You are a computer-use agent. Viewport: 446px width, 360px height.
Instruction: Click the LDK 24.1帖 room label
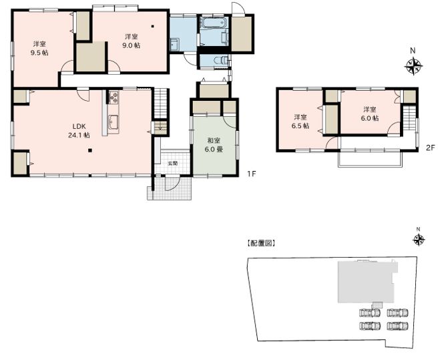[x=79, y=131]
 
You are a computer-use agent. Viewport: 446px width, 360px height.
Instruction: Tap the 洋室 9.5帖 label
[x=39, y=48]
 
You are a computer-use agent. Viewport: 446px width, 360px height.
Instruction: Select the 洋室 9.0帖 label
[x=131, y=41]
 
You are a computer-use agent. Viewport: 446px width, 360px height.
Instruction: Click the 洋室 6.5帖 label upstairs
[x=300, y=122]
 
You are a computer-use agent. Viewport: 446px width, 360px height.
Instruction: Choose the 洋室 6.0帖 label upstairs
[x=369, y=114]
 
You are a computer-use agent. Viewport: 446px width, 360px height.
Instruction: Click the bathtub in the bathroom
[x=213, y=23]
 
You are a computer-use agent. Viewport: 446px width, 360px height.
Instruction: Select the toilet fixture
[x=220, y=60]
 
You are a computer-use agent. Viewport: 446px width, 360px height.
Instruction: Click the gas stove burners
[x=114, y=97]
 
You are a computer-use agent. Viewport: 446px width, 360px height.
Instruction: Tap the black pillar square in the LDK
[x=90, y=151]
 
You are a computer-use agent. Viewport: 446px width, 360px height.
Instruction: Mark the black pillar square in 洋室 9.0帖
[x=153, y=27]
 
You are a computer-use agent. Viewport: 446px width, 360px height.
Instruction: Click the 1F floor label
[x=250, y=173]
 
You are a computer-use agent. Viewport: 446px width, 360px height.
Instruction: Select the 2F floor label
[x=431, y=148]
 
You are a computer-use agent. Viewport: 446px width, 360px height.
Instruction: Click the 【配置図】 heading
[x=260, y=243]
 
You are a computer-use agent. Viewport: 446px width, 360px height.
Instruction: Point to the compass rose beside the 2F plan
[x=413, y=66]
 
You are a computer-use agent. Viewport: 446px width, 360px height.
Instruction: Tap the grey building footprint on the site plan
[x=367, y=282]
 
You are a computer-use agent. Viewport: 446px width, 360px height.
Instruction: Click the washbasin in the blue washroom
[x=174, y=45]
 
